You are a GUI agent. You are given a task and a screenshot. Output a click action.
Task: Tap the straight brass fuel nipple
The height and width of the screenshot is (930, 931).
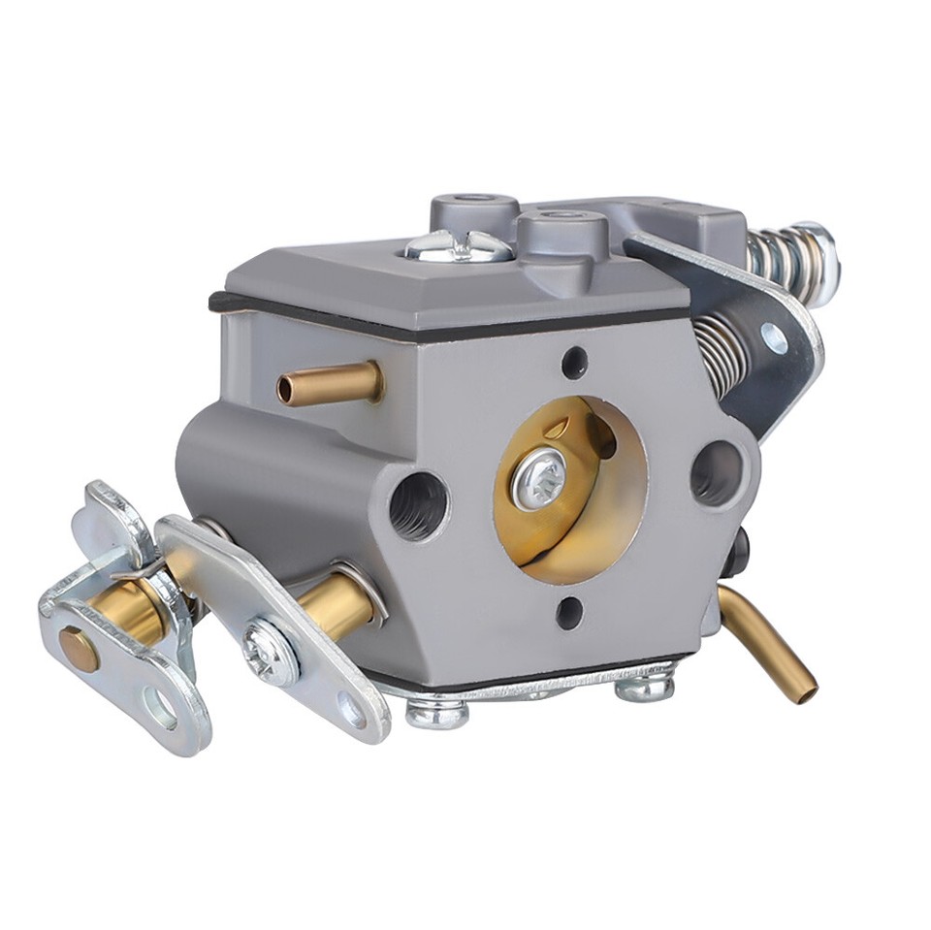point(328,384)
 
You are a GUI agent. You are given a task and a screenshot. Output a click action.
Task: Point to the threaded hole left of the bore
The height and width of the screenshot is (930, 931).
point(418,504)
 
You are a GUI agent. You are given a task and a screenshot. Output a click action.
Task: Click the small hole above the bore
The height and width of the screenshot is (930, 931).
point(574,362)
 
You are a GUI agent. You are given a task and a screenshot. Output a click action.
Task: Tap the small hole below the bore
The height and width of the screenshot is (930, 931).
point(569,611)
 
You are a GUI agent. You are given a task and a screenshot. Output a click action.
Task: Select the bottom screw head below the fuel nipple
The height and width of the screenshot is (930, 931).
point(436,715)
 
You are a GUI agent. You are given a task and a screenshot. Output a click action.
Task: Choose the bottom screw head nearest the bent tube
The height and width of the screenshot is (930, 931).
point(644,688)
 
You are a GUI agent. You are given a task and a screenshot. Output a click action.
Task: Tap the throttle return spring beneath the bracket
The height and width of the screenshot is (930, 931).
point(722,354)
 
